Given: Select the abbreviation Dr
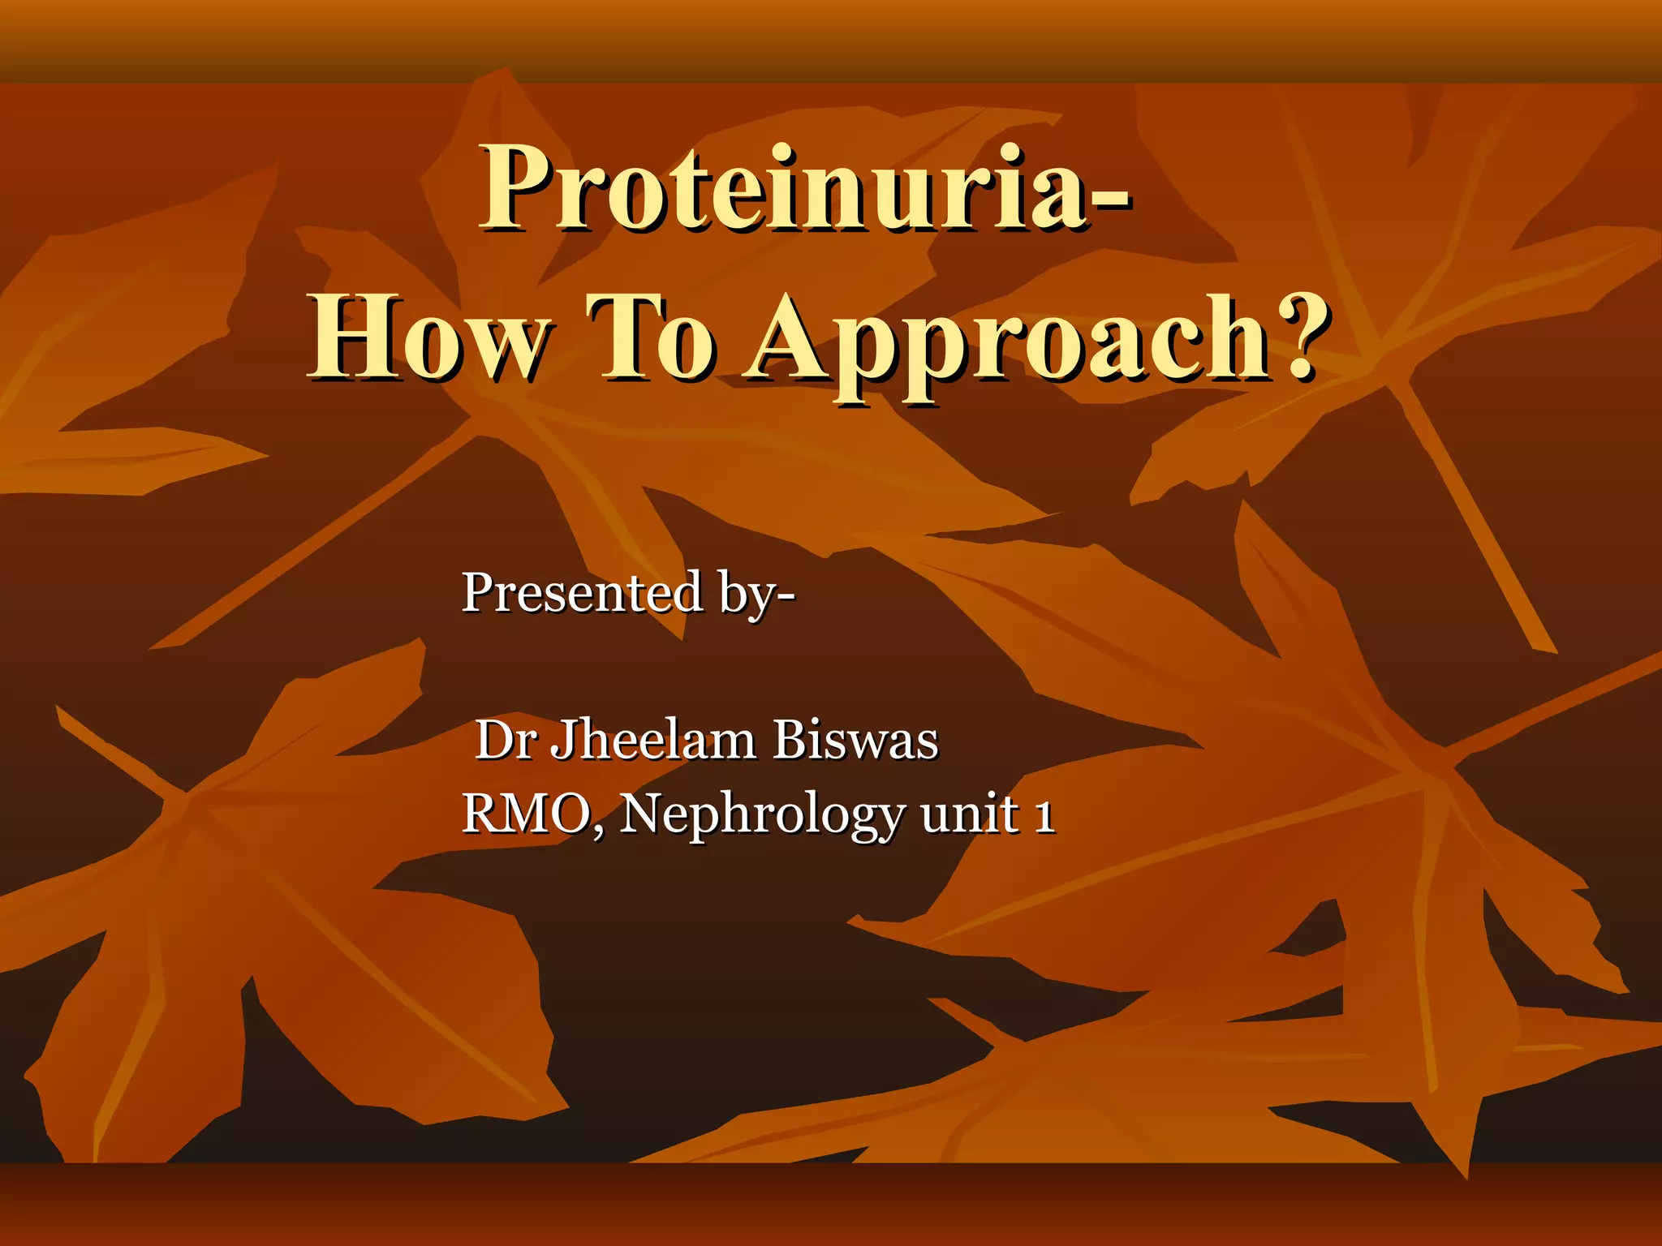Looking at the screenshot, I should pyautogui.click(x=504, y=740).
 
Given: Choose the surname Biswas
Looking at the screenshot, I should pyautogui.click(x=855, y=740).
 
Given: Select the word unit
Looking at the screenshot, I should pyautogui.click(x=970, y=814).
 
